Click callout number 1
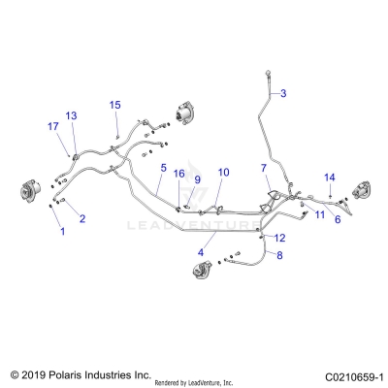click(63, 232)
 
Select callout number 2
click(81, 219)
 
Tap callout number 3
click(284, 93)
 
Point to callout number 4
click(201, 252)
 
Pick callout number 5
click(164, 167)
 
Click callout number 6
click(337, 220)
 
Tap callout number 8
click(279, 256)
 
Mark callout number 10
click(223, 173)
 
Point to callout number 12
click(280, 238)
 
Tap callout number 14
click(330, 177)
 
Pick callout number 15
click(115, 104)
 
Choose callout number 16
click(178, 174)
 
